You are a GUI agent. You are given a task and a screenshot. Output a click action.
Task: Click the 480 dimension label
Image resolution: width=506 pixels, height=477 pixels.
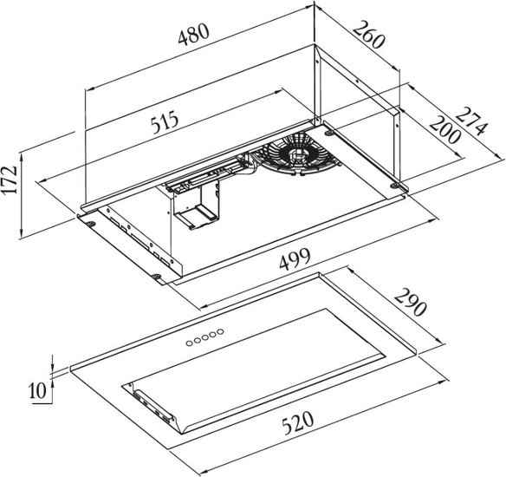193,34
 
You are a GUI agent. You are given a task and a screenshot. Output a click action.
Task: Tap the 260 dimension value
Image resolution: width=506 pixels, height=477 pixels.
369,34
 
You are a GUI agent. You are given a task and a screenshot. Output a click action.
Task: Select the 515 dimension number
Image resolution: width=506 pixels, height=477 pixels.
165,122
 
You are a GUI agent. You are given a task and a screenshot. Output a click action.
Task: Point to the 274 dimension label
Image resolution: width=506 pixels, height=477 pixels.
470,121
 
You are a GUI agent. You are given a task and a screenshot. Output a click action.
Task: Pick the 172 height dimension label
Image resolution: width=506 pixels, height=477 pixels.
10,180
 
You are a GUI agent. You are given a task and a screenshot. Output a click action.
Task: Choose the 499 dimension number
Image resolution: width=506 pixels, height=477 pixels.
295,258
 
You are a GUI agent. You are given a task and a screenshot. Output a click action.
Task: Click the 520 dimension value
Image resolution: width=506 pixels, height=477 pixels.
297,422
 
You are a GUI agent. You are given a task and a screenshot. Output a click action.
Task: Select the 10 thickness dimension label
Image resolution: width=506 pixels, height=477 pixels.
38,391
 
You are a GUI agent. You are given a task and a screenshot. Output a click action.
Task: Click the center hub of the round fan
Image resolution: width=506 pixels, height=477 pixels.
296,154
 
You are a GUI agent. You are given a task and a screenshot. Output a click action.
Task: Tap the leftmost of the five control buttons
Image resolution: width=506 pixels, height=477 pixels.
189,343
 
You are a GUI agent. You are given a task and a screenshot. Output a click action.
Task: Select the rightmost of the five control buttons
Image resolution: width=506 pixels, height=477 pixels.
220,331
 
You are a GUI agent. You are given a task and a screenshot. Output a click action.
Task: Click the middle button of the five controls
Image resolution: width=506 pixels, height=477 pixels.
204,337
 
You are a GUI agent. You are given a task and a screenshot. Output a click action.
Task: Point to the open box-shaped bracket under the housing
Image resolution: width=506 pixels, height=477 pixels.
196,206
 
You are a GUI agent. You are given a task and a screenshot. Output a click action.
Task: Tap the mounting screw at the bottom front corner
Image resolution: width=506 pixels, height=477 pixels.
157,276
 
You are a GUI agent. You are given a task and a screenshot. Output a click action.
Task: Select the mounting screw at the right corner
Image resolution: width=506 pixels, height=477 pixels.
394,186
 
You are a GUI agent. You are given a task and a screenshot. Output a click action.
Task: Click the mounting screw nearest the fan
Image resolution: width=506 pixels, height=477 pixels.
328,133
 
